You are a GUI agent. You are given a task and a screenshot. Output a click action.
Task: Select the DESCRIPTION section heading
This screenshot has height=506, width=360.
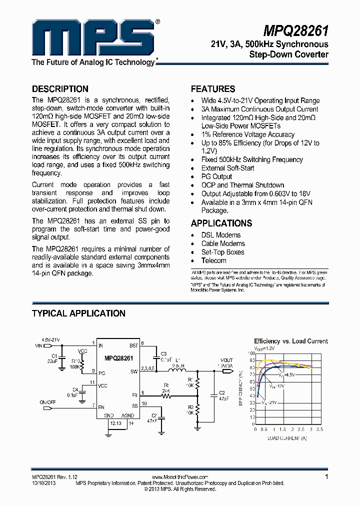point(60,89)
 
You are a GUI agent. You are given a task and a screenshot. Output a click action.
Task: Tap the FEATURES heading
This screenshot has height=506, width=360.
point(213,89)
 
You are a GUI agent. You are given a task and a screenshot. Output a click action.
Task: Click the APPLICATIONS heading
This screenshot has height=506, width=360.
point(221,223)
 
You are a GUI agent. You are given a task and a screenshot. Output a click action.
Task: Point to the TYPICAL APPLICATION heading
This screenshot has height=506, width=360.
point(78,313)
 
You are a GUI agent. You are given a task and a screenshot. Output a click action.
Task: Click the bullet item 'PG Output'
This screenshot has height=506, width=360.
point(216,176)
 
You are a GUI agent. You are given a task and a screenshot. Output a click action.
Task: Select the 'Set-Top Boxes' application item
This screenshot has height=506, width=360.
point(222,252)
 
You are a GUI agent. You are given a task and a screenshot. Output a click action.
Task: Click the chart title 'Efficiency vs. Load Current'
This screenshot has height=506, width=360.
point(291,341)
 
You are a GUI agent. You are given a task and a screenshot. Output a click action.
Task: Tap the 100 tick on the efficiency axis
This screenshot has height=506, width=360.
point(251,353)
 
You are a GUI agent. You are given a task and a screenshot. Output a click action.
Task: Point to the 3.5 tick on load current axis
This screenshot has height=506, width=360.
point(320,429)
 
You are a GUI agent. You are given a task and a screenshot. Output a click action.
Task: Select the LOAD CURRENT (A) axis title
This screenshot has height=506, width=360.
point(286,438)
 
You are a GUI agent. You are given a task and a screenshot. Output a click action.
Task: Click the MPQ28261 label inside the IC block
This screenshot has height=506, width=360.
point(118,358)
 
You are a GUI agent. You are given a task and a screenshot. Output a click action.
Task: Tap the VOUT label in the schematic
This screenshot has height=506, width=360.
point(226,360)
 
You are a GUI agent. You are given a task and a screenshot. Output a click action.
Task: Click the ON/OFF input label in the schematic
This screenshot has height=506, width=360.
point(48,402)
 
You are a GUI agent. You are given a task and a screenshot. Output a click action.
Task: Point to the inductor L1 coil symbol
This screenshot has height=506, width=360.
point(176,371)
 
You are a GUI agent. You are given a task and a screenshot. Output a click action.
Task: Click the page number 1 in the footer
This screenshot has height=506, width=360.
point(326,477)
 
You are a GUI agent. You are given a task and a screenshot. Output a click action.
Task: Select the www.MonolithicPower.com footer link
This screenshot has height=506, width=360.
point(179,477)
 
